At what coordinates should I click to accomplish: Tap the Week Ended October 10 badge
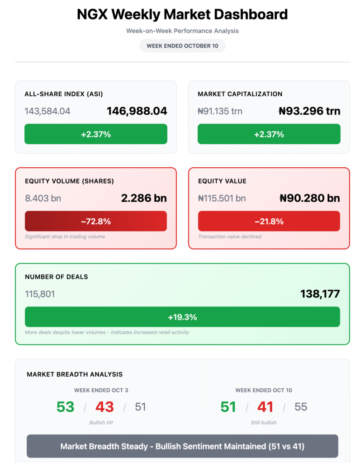point(182,46)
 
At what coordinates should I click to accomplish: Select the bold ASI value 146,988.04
point(137,111)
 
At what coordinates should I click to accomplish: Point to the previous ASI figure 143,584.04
point(47,111)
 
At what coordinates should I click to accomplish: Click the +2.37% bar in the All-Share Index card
point(96,134)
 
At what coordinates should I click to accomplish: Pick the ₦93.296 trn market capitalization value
point(310,111)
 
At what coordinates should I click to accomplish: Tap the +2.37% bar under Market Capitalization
point(269,134)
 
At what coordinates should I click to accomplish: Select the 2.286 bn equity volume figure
point(144,198)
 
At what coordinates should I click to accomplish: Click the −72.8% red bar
point(96,221)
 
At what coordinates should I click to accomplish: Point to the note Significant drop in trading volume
point(65,236)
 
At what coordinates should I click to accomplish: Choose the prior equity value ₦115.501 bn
point(222,198)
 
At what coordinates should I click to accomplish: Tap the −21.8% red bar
point(269,221)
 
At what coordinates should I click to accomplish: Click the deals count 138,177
point(320,294)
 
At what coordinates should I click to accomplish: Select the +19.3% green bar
point(182,317)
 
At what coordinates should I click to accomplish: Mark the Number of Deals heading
point(57,277)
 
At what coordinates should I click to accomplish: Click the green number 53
point(65,407)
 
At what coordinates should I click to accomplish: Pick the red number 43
point(104,407)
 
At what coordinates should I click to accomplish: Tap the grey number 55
point(301,407)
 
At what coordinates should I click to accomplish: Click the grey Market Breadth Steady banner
point(182,446)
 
